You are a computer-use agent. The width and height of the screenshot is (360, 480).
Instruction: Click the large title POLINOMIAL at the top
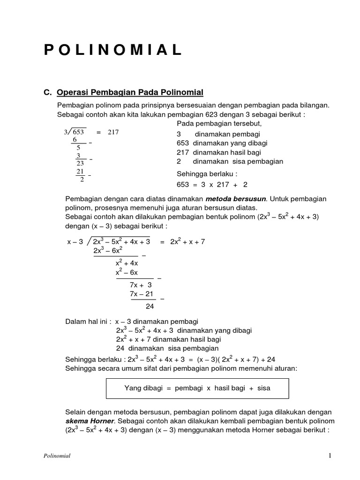(x=113, y=50)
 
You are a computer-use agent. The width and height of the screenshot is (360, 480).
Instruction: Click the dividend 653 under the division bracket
(x=76, y=132)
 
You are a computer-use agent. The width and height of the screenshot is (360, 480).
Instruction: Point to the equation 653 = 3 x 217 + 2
(x=212, y=185)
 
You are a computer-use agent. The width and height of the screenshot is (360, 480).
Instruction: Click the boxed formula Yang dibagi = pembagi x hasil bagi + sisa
(x=197, y=388)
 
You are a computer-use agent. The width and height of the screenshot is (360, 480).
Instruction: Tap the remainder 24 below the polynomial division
(x=150, y=307)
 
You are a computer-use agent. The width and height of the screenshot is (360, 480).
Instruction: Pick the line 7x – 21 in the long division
(x=142, y=294)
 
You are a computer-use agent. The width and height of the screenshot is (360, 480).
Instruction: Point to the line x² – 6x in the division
(x=127, y=272)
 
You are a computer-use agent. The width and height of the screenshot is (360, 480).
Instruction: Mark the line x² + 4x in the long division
(x=127, y=263)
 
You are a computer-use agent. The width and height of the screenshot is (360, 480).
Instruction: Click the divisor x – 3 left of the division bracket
(x=75, y=242)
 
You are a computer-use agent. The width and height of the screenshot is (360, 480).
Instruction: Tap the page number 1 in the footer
(x=330, y=456)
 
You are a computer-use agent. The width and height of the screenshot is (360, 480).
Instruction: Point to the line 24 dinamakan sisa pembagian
(x=167, y=348)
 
